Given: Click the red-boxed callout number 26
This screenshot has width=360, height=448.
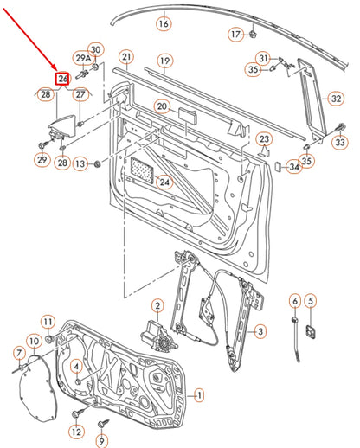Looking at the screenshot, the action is click(x=62, y=79).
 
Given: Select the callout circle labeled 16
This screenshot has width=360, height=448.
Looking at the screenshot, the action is click(x=164, y=23).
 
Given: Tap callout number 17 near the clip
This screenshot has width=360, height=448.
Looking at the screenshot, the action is click(x=236, y=35).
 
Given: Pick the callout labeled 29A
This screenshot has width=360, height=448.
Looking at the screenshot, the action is click(x=83, y=59).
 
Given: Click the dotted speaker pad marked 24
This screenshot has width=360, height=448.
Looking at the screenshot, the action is click(x=143, y=170).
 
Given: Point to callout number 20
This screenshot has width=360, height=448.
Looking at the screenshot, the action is click(x=162, y=106).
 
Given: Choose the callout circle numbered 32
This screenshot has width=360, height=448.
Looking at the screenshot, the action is click(x=337, y=99).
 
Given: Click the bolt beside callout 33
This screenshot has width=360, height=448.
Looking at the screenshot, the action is click(x=340, y=128).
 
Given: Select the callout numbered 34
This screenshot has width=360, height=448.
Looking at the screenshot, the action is click(x=294, y=167).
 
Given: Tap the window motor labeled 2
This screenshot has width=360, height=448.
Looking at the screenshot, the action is click(x=158, y=335).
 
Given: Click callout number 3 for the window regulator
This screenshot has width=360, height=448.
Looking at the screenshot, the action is click(x=260, y=331).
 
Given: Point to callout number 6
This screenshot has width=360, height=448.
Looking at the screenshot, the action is click(x=295, y=302).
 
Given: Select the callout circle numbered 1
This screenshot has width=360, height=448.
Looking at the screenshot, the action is click(x=199, y=394).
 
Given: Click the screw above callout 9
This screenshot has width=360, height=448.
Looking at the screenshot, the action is click(x=103, y=424).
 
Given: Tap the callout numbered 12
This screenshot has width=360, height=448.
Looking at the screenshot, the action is click(x=76, y=432).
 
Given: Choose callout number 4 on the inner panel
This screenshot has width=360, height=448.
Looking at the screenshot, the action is click(x=76, y=367).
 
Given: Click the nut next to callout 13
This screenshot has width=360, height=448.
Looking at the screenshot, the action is click(x=98, y=164).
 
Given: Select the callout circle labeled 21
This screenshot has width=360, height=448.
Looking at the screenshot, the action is click(x=126, y=57).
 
